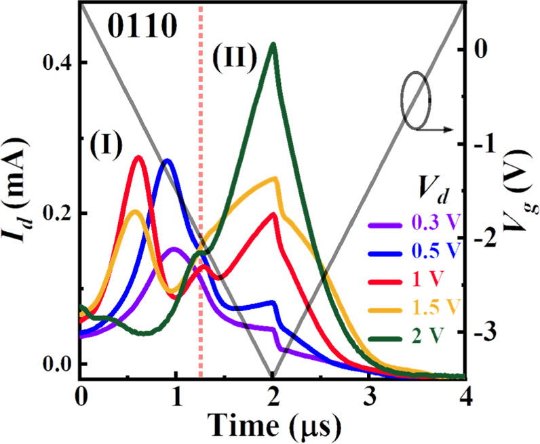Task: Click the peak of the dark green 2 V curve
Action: [273, 45]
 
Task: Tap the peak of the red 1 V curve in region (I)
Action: [138, 157]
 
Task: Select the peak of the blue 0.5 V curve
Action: [166, 161]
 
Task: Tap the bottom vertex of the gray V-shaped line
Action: [273, 375]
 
